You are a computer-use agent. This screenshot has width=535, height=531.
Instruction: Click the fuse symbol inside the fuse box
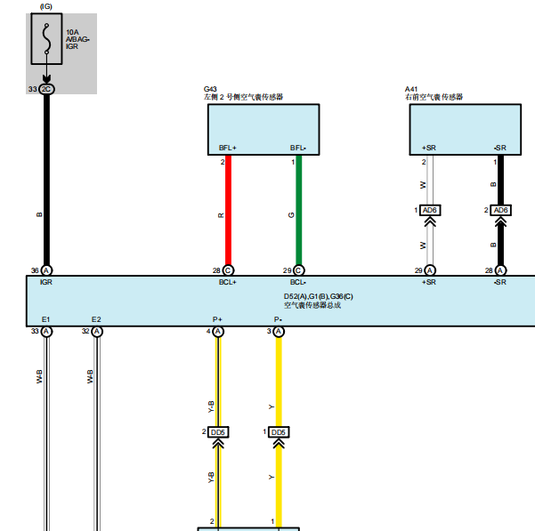tap(46, 38)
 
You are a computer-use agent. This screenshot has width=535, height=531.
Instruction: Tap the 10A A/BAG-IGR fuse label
tap(77, 39)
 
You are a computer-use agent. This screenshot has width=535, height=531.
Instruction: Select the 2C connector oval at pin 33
tap(46, 89)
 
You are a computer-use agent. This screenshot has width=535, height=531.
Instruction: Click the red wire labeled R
tap(228, 210)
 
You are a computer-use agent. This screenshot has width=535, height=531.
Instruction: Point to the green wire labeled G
tap(298, 210)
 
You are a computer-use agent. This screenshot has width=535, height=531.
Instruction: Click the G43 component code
tap(210, 89)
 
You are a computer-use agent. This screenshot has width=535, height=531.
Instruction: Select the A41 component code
tap(411, 89)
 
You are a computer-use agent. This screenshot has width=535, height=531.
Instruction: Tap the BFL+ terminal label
tap(228, 148)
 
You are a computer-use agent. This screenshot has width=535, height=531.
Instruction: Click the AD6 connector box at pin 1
tap(430, 210)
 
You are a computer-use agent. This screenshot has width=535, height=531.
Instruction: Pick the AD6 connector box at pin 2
tap(500, 210)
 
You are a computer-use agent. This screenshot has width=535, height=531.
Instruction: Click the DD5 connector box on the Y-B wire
tap(218, 432)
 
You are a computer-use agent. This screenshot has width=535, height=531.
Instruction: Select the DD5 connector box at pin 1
tap(279, 432)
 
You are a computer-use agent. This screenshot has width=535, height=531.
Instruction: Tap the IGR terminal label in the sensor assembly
tap(46, 282)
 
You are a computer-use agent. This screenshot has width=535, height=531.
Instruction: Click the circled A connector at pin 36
tap(47, 270)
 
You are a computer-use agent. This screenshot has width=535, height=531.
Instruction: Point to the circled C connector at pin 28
tap(228, 270)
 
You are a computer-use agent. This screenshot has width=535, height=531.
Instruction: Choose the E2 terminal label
tap(96, 319)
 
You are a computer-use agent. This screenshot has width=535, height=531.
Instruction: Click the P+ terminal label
tap(217, 319)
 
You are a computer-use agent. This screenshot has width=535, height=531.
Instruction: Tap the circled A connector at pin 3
tap(279, 332)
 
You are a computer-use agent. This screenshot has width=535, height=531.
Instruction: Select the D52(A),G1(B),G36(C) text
tap(319, 296)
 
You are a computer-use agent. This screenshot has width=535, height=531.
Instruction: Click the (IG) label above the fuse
tap(46, 6)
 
